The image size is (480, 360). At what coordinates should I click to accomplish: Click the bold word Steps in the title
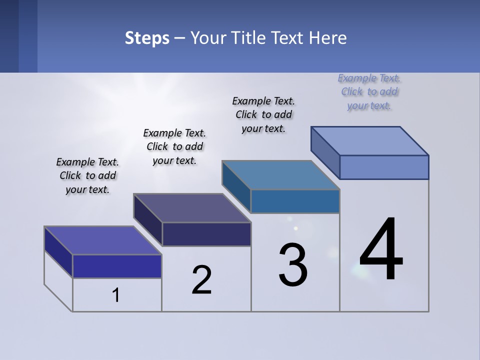pos(147,38)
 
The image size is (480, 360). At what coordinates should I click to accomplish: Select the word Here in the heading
pos(329,38)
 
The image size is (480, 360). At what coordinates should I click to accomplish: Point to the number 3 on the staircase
pos(293,265)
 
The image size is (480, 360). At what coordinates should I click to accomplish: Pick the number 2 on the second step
pos(202,280)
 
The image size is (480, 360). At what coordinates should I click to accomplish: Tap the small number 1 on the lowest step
pos(116,295)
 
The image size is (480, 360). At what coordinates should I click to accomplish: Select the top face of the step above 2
pos(192,208)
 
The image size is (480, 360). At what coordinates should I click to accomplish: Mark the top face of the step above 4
pos(370,141)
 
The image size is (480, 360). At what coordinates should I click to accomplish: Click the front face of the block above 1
pos(117,266)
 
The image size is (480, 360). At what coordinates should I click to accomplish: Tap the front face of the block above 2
pos(206,234)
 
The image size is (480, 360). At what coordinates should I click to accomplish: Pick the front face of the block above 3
pos(295,201)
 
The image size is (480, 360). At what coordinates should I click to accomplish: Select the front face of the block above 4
pos(384,167)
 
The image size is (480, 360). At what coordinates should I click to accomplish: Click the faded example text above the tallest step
pos(369,92)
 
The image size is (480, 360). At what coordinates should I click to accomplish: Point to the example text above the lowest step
pos(87,176)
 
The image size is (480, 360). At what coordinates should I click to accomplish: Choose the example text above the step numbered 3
pos(263,115)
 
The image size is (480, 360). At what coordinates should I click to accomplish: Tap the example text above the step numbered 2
pos(174,147)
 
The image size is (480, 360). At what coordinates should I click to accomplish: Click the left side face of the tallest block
pos(325,152)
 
